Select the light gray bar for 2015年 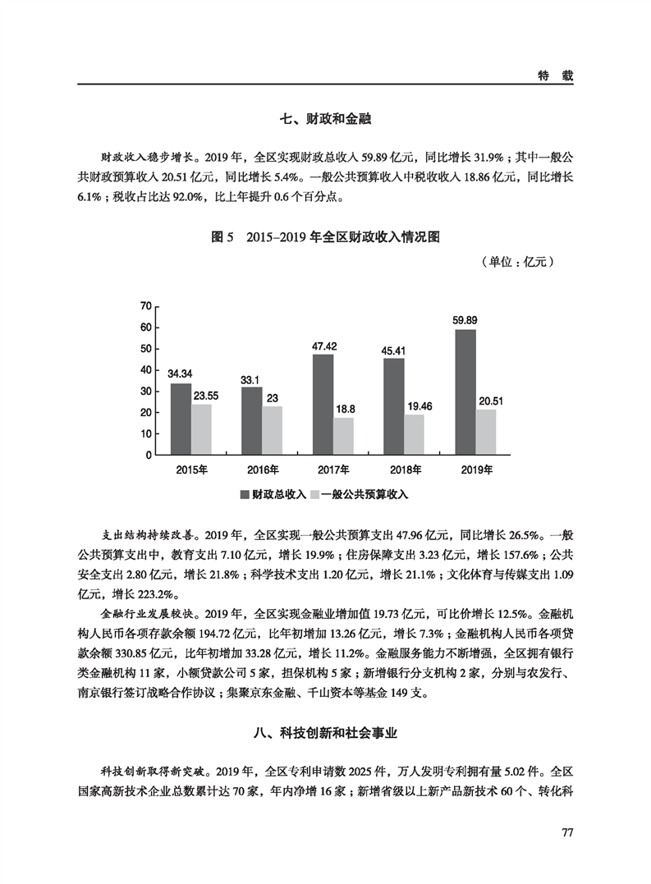point(202,429)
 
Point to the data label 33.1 point(251,379)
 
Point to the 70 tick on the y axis point(147,306)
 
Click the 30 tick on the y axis point(147,392)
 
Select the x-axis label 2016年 point(263,470)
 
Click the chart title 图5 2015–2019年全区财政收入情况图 point(326,237)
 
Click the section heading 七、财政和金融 point(326,120)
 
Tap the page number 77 point(566,832)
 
